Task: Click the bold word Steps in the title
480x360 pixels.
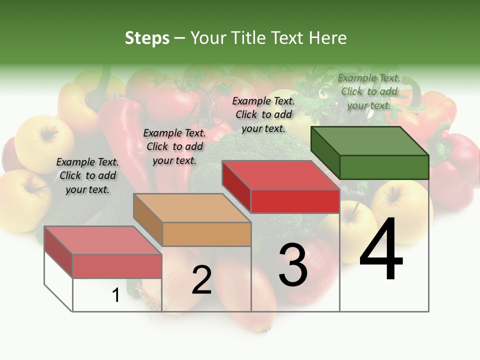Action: tap(147, 38)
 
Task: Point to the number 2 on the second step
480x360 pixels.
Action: tap(201, 280)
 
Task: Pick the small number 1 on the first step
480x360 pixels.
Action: tap(116, 295)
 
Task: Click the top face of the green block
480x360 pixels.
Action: tap(370, 140)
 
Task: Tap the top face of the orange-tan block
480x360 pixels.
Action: tap(192, 207)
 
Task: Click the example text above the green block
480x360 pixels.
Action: tap(369, 91)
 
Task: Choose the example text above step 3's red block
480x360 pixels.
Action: tap(263, 114)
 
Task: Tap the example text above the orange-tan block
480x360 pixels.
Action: tap(174, 146)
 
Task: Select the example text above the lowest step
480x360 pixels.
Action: tap(87, 175)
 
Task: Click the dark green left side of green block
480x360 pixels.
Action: tap(325, 152)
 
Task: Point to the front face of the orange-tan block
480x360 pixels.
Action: tap(207, 234)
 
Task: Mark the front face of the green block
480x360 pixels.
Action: tap(384, 167)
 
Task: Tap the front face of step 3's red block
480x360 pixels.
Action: tap(295, 201)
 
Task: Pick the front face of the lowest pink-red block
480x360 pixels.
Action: tap(117, 266)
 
